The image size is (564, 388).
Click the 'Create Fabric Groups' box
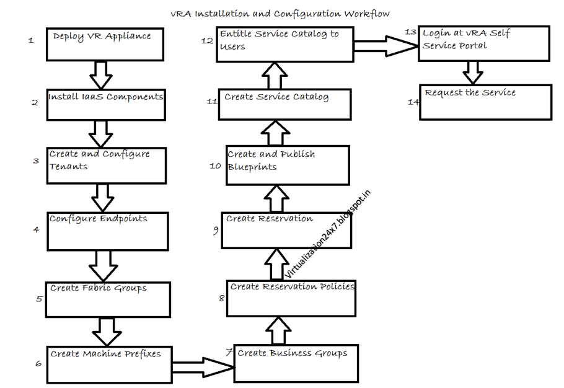[x=108, y=299]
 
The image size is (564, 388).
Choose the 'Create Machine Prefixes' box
[x=109, y=365]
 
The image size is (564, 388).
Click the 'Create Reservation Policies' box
[x=291, y=298]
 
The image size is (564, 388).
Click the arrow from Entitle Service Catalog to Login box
[x=384, y=45]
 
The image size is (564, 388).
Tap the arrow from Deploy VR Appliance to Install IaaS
[x=100, y=74]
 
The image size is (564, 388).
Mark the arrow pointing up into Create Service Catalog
[x=275, y=133]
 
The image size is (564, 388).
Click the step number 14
[x=413, y=102]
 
